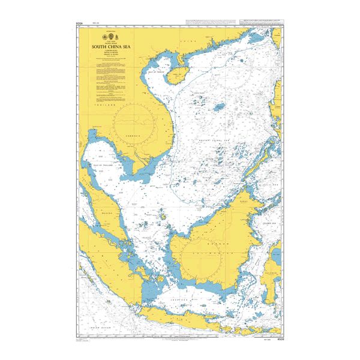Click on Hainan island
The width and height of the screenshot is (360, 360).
click(177, 75)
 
